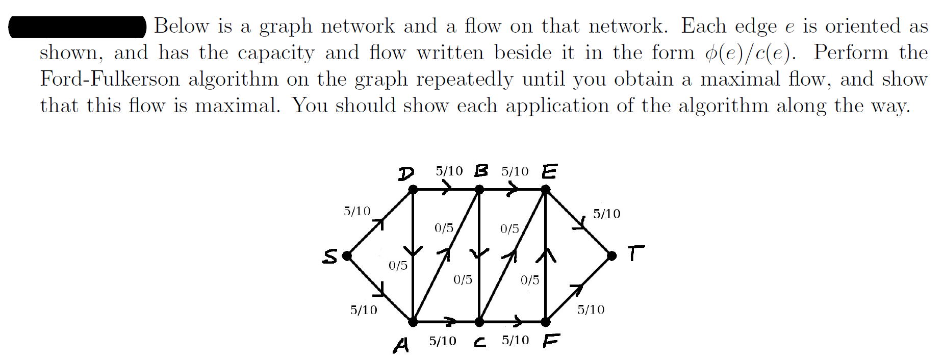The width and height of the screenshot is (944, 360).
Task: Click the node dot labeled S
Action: [347, 255]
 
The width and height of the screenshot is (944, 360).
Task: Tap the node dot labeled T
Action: [611, 255]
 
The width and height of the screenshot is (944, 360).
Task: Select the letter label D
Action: [406, 174]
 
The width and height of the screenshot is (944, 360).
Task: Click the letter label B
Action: [480, 171]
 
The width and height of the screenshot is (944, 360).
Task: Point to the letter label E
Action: [549, 171]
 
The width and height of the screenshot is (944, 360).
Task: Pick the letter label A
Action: [401, 345]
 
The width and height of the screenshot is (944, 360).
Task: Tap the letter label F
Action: [551, 341]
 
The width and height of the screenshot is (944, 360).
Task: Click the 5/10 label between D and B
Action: [449, 171]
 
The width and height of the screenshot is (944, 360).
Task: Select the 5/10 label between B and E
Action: [515, 171]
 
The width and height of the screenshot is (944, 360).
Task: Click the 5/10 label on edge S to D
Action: [357, 211]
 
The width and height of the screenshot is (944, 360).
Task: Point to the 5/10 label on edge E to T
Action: [606, 214]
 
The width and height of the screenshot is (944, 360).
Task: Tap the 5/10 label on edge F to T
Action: [591, 310]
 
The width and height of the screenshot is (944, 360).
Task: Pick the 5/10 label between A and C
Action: [442, 341]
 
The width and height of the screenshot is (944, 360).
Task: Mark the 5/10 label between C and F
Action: [515, 340]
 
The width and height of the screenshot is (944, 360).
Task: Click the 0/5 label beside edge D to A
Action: [398, 266]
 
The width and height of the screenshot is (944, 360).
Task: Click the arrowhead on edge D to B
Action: [447, 189]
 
